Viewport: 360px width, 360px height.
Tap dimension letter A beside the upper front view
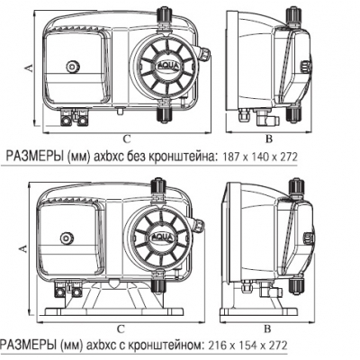[29, 68]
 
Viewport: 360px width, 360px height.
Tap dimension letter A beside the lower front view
[22, 248]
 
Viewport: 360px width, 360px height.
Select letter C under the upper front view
[127, 139]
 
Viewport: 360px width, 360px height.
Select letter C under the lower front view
[121, 329]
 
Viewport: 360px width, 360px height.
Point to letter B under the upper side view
[269, 139]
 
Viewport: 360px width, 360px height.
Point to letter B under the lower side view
[267, 328]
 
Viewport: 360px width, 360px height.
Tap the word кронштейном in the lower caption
[165, 346]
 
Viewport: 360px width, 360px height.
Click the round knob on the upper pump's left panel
[73, 67]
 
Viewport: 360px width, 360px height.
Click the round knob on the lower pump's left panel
[66, 238]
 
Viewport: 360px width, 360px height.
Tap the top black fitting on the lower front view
[158, 188]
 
